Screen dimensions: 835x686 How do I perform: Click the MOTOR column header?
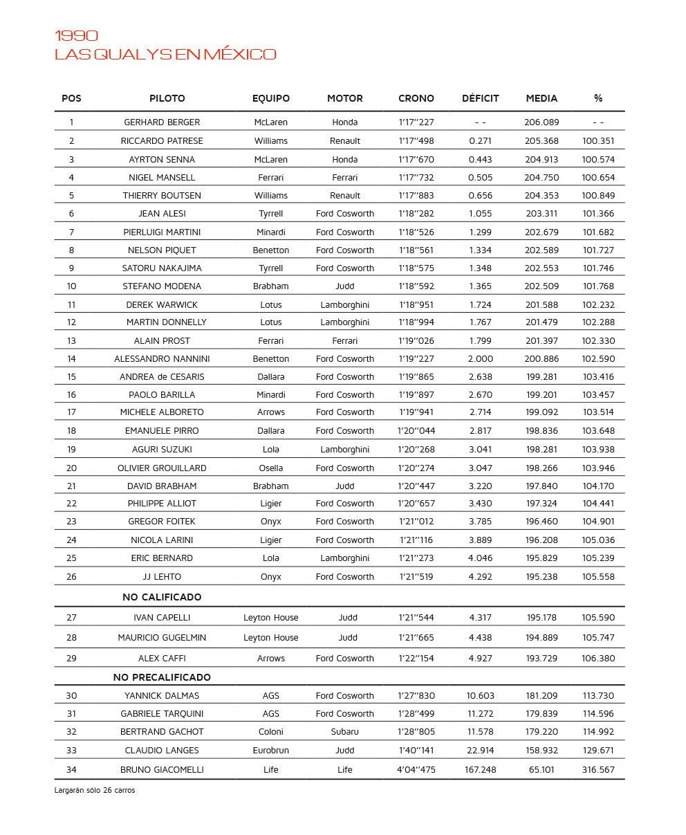click(344, 98)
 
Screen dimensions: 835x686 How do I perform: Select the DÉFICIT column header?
click(480, 98)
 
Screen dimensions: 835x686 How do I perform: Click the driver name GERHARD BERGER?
click(162, 122)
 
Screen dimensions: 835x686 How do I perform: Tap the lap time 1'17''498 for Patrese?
click(416, 141)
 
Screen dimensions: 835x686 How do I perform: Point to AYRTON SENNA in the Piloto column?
click(162, 159)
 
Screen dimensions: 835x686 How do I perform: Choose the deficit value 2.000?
click(480, 359)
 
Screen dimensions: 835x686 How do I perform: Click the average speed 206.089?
click(541, 122)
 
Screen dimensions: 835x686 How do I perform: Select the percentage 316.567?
click(598, 769)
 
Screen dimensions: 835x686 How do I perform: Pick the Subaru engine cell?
click(344, 732)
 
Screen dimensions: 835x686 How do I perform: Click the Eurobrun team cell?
click(271, 751)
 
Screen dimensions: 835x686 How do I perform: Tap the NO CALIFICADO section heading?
click(162, 597)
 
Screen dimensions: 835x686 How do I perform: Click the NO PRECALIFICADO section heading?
click(162, 677)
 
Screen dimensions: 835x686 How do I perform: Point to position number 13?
click(71, 341)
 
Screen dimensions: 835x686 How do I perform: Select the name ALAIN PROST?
click(162, 341)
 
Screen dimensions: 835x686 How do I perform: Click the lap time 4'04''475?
click(416, 769)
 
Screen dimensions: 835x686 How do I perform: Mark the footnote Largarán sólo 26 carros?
click(95, 790)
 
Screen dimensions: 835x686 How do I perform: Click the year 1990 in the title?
click(76, 36)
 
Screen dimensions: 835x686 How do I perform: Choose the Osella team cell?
click(271, 468)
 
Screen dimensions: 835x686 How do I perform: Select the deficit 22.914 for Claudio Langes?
click(480, 751)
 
